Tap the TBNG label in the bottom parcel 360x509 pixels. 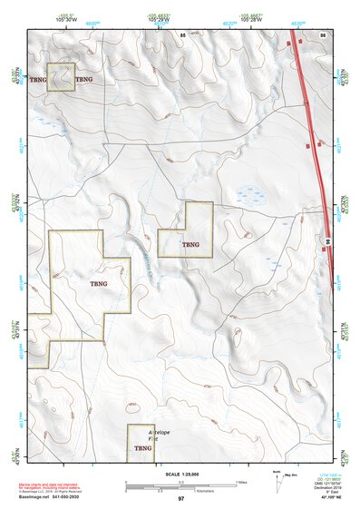tap(142, 448)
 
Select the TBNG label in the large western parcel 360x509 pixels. tap(100, 284)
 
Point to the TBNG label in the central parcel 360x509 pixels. tap(190, 244)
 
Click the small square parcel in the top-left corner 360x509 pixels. tap(60, 77)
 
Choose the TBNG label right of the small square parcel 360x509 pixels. tap(84, 80)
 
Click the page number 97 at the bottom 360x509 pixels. tap(180, 499)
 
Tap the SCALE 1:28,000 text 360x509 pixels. tap(180, 475)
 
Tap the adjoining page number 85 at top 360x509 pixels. tap(182, 34)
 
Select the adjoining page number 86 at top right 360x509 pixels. tap(322, 34)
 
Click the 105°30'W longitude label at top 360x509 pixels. tap(65, 20)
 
